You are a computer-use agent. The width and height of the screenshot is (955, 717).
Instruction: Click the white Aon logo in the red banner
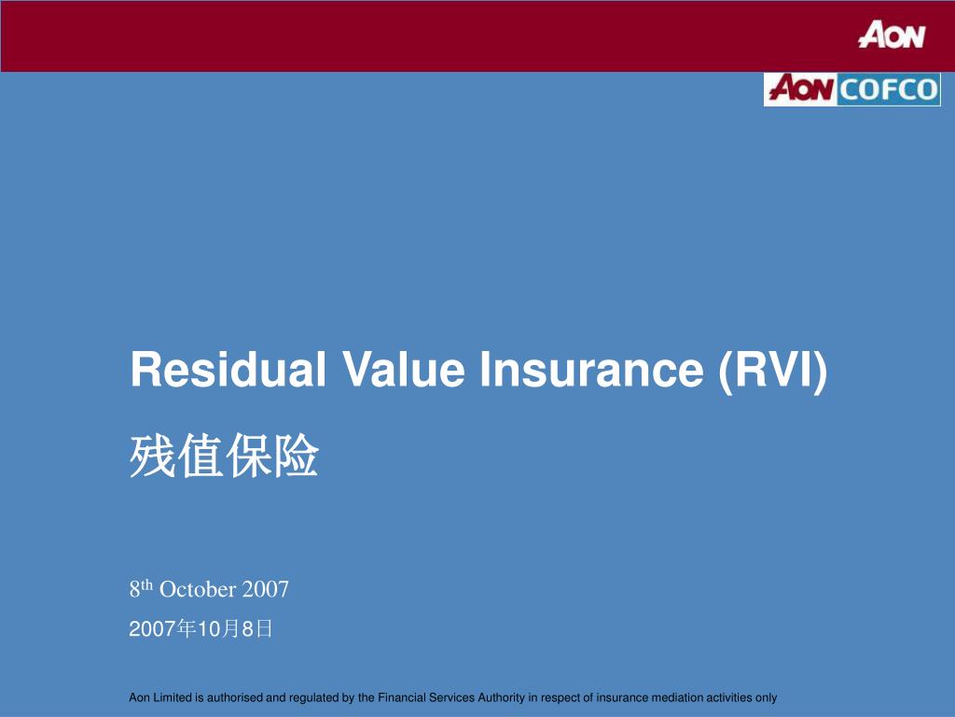pos(892,35)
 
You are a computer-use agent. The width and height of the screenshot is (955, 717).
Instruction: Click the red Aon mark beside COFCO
pos(800,90)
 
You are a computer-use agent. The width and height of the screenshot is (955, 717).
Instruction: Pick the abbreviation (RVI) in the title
pos(773,370)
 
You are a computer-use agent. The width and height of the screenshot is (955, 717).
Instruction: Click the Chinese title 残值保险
pos(224,458)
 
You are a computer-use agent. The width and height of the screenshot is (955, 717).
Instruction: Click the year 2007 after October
pos(266,590)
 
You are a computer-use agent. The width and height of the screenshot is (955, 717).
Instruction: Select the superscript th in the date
pos(146,585)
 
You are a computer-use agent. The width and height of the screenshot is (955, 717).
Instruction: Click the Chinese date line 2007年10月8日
pos(201,630)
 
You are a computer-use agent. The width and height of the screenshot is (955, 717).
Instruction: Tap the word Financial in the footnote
pos(402,697)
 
